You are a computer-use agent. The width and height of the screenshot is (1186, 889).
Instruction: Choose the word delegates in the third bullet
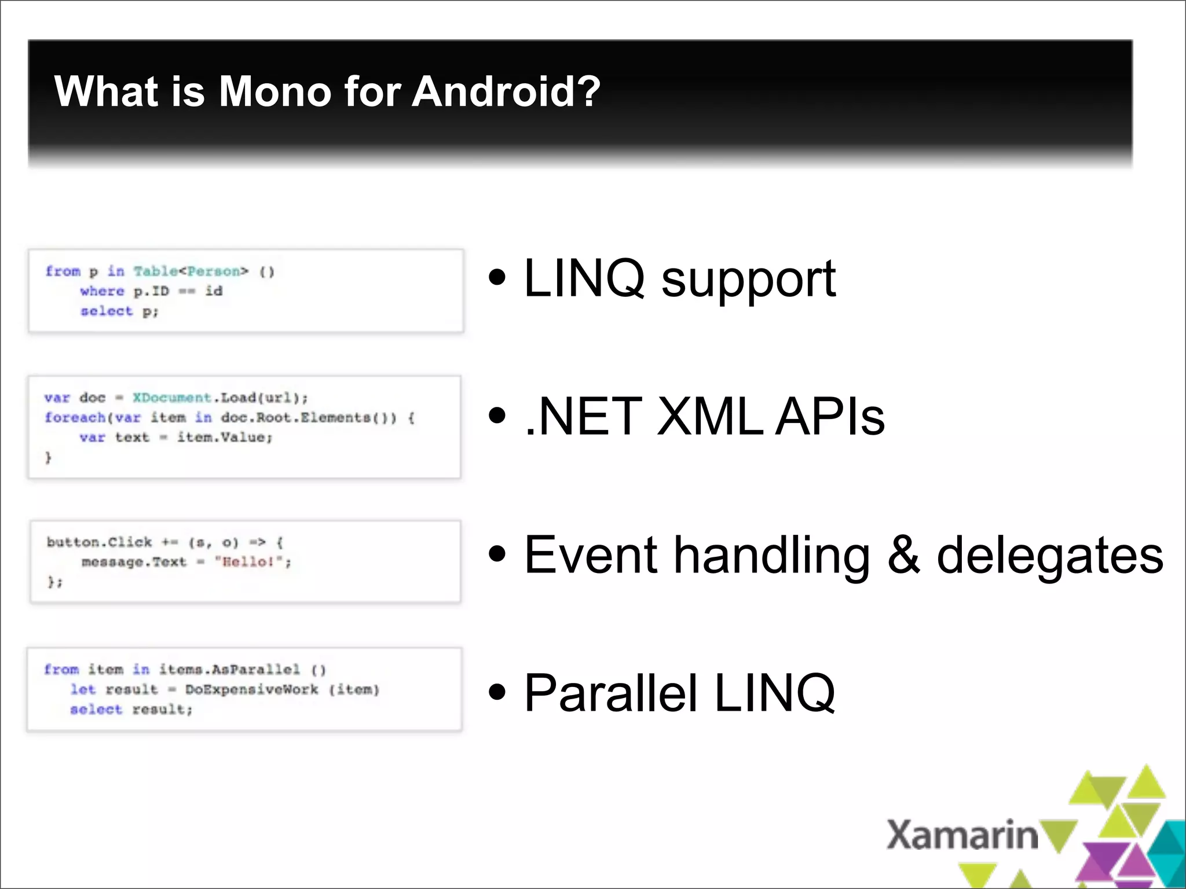1049,556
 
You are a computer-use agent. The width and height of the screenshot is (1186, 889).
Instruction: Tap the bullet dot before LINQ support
497,277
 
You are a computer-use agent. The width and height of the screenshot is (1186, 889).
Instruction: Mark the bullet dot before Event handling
497,553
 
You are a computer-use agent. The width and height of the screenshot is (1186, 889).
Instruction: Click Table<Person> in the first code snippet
191,271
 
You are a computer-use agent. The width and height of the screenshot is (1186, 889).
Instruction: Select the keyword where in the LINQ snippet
102,291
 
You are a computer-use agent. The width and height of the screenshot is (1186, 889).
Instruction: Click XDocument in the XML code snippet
172,398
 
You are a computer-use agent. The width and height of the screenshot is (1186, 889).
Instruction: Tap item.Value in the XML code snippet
223,437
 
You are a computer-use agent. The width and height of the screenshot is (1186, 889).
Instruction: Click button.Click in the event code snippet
99,542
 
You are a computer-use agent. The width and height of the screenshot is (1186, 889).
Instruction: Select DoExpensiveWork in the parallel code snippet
251,689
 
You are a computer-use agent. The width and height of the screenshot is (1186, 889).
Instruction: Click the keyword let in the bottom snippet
83,689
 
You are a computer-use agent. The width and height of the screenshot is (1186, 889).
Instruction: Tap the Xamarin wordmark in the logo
962,835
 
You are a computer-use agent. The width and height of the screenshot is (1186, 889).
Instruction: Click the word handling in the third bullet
772,556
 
